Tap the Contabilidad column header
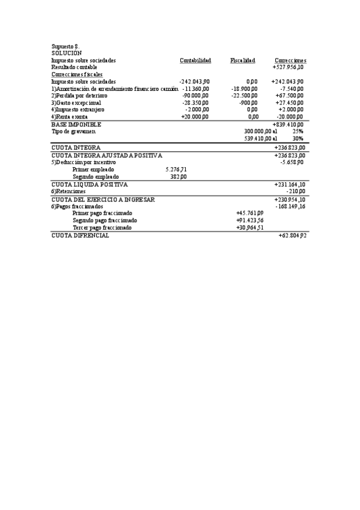195,60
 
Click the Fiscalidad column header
242,60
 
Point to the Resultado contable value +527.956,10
288,67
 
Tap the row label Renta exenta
72,117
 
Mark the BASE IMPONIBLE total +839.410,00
288,124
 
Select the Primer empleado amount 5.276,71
175,170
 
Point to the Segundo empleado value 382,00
178,177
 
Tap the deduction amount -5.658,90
291,162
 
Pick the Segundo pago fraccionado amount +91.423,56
249,220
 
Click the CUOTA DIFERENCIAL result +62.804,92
293,235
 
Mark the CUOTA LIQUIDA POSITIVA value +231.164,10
289,184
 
